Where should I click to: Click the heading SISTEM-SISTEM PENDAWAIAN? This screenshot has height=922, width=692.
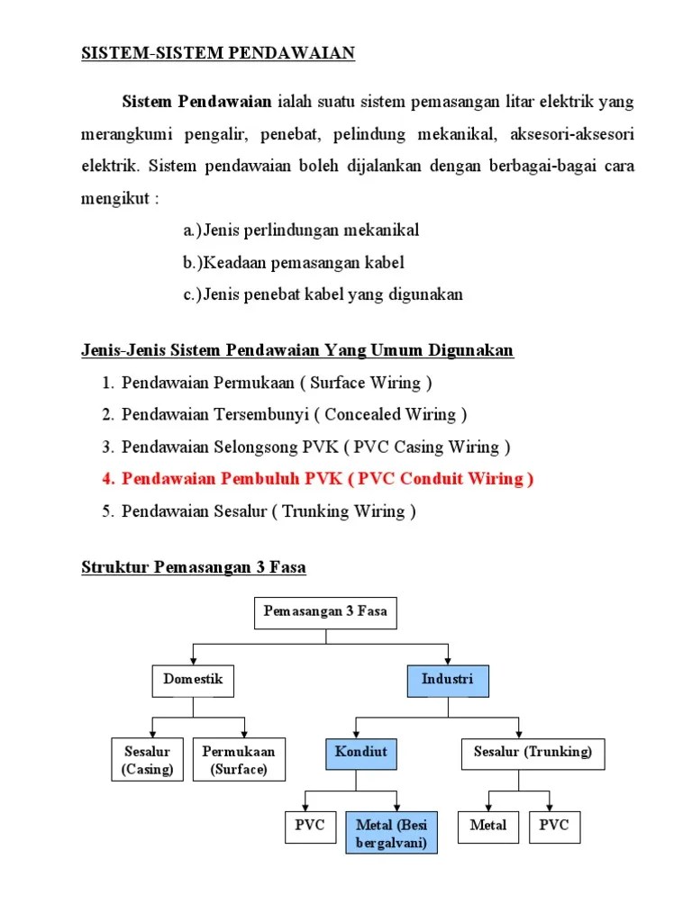pos(218,53)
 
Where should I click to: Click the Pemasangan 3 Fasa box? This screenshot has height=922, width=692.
pos(325,613)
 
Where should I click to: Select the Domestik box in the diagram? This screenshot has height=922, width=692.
pos(193,681)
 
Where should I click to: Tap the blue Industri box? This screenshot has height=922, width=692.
pos(447,681)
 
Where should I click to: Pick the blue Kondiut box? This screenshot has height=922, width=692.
pos(360,753)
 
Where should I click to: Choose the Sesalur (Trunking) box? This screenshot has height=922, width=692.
pos(533,753)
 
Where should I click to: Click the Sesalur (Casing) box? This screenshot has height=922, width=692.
pos(147,760)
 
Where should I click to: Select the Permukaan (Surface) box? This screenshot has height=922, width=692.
pos(239,760)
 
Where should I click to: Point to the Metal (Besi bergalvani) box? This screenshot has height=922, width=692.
pos(391,833)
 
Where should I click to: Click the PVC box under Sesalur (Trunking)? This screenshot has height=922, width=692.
pos(554,826)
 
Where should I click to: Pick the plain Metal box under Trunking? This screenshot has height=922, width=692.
pos(487,826)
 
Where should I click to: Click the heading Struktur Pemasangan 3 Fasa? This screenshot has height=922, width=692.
pos(194,567)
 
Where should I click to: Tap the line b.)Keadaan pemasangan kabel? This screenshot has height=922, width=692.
pos(294,263)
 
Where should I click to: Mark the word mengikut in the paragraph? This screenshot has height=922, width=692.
pos(113,197)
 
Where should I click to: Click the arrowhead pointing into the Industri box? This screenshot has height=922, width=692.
pos(447,662)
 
